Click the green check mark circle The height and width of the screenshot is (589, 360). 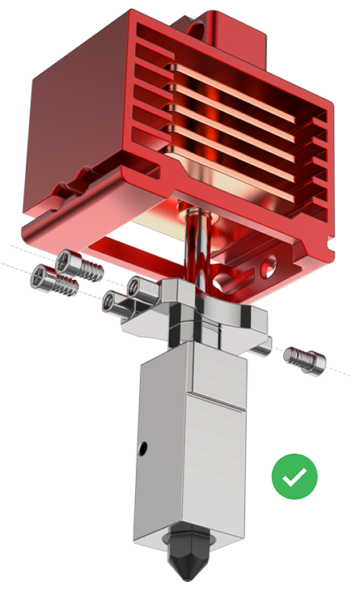294,476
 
